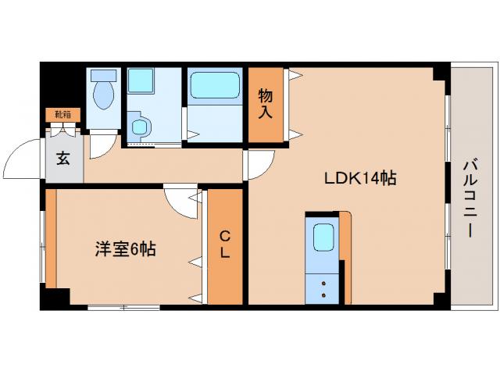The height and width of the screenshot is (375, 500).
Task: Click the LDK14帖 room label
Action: pos(361,178)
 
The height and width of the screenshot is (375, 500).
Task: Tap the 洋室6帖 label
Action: pos(125,249)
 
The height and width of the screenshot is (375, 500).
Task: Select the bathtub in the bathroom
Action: pos(214,84)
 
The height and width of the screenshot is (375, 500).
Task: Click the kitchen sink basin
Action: pos(323,236)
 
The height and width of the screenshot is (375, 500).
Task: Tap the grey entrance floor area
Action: pos(64,166)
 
